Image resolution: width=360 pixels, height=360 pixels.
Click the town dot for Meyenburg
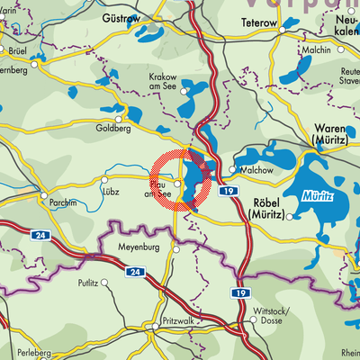pyautogui.click(x=177, y=251)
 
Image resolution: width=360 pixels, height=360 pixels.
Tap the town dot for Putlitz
pyautogui.click(x=105, y=282)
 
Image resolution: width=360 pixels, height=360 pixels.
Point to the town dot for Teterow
pyautogui.click(x=283, y=30)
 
